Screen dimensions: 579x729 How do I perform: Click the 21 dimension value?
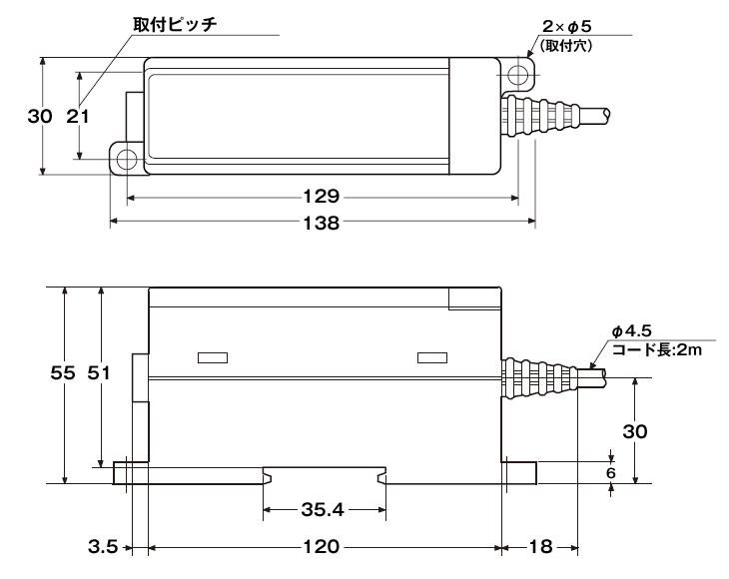[x=77, y=117]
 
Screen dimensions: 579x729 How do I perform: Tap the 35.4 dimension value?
[x=322, y=509]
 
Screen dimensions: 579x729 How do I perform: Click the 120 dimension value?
[x=322, y=547]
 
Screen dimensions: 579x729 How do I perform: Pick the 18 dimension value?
[x=540, y=547]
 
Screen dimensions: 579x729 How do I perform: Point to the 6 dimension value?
[x=611, y=473]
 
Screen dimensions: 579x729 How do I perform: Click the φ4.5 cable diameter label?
[x=631, y=332]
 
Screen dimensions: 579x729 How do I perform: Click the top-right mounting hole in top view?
[x=517, y=76]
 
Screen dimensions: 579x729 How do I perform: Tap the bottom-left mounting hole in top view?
[x=127, y=160]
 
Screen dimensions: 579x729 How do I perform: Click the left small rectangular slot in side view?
[x=213, y=357]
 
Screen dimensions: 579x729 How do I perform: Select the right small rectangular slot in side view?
[x=431, y=357]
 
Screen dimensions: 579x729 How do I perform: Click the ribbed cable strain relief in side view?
[x=540, y=377]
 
